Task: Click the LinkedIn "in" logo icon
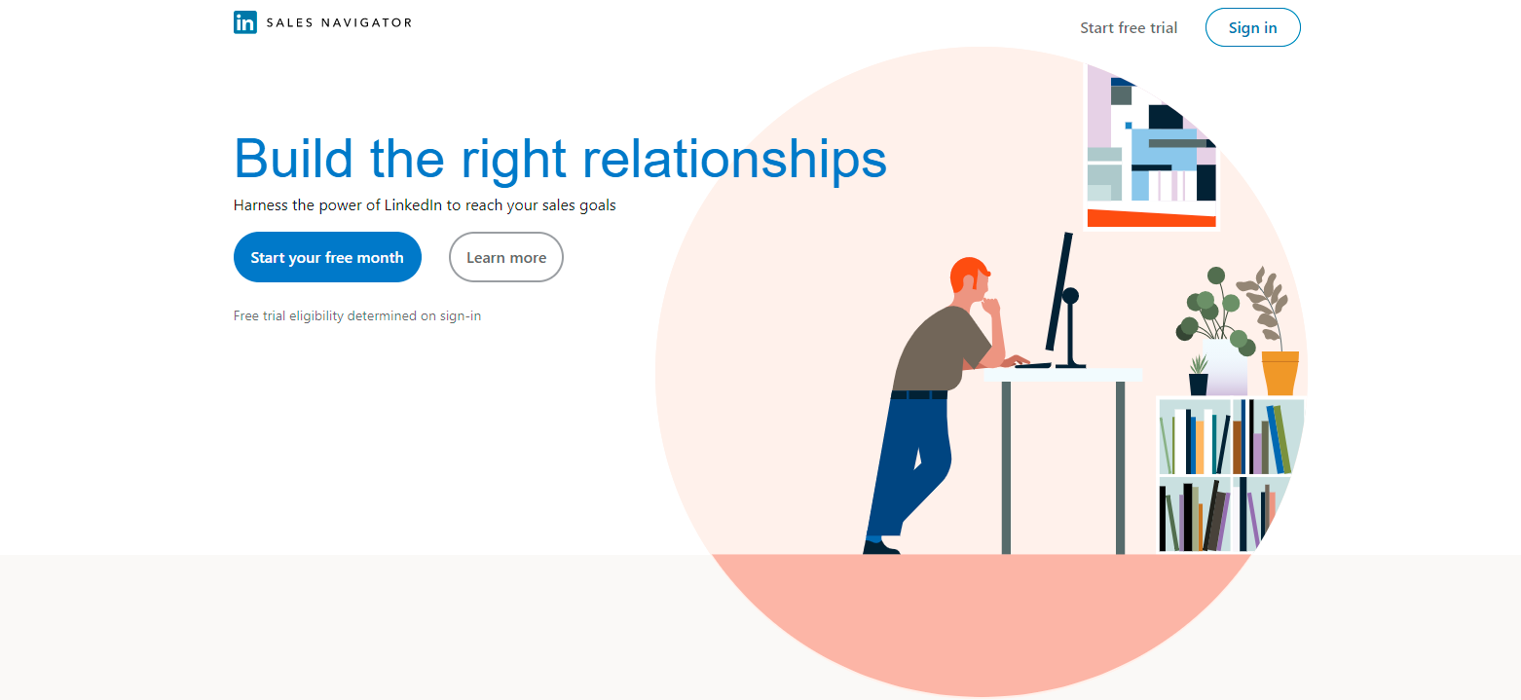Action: pyautogui.click(x=245, y=22)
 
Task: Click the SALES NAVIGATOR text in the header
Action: pyautogui.click(x=339, y=23)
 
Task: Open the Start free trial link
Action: pyautogui.click(x=1129, y=28)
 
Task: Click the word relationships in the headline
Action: pyautogui.click(x=735, y=160)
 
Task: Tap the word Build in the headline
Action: pyautogui.click(x=293, y=159)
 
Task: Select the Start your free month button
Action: pyautogui.click(x=327, y=257)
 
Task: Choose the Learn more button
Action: pyautogui.click(x=506, y=257)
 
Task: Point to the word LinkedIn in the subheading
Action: pyautogui.click(x=413, y=205)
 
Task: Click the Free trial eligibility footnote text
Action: pyautogui.click(x=357, y=315)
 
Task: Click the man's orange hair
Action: pyautogui.click(x=967, y=273)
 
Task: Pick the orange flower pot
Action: pyautogui.click(x=1280, y=373)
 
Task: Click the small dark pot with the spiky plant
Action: pyautogui.click(x=1199, y=384)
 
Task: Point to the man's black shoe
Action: pyautogui.click(x=880, y=546)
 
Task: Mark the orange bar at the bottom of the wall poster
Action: pyautogui.click(x=1152, y=218)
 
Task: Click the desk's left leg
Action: pyautogui.click(x=1006, y=467)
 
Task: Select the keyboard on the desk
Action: pyautogui.click(x=1033, y=365)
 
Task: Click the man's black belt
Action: pyautogui.click(x=918, y=394)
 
